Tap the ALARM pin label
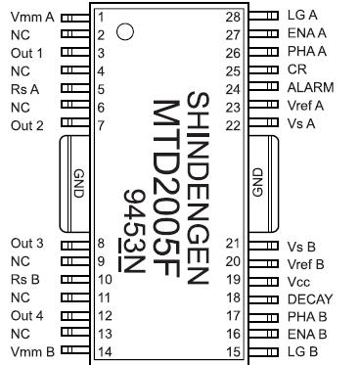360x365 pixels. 309,87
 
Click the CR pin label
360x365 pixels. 297,70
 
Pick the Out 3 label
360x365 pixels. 27,243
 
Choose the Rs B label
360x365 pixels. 23,279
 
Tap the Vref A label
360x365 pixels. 307,106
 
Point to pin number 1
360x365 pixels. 102,18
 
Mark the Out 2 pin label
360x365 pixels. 27,124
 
